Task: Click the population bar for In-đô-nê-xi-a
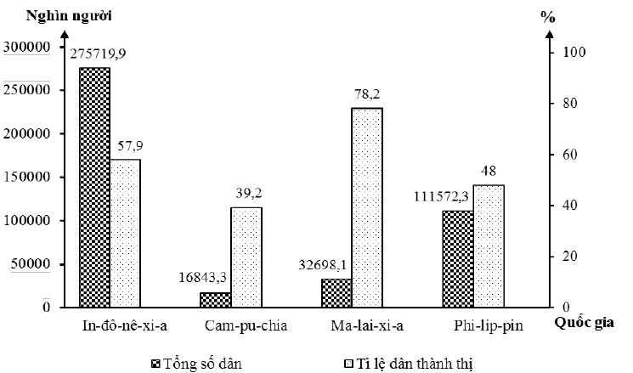pyautogui.click(x=94, y=187)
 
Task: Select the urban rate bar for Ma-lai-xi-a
pyautogui.click(x=367, y=207)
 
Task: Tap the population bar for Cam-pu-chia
pyautogui.click(x=216, y=300)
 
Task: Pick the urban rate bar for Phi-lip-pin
pyautogui.click(x=488, y=246)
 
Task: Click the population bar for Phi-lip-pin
pyautogui.click(x=458, y=258)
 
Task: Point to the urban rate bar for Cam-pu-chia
pyautogui.click(x=246, y=257)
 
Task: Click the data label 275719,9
pyautogui.click(x=99, y=54)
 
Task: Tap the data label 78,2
pyautogui.click(x=368, y=94)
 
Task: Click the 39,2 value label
pyautogui.click(x=246, y=192)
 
